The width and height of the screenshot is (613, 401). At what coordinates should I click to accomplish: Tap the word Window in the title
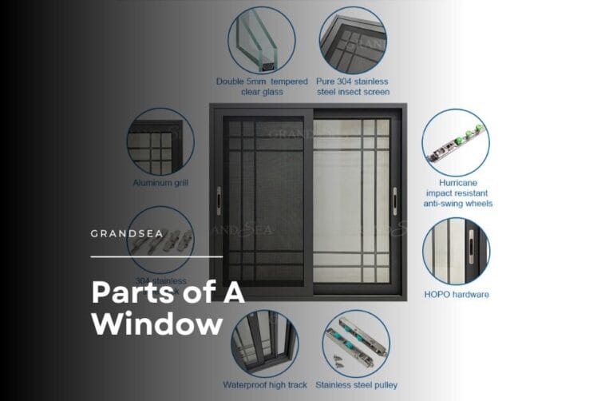point(156,324)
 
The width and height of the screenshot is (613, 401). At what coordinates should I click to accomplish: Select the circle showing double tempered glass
point(262,41)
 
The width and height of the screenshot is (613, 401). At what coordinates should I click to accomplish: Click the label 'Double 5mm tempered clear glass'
point(263,86)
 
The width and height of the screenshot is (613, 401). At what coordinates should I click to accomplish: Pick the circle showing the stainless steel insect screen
point(353,41)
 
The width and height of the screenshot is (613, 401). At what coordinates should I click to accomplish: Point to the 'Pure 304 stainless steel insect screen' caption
point(353,86)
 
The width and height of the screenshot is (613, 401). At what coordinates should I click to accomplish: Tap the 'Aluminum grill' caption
point(160,183)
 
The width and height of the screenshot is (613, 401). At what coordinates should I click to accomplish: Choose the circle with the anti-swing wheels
point(456,143)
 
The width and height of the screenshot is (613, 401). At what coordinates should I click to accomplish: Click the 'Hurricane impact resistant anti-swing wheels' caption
point(458,193)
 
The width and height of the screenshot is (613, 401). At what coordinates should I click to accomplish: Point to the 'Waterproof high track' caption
point(265,385)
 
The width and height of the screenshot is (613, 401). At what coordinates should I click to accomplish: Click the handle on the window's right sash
point(395,196)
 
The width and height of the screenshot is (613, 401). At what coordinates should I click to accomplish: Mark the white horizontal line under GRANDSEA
point(156,257)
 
